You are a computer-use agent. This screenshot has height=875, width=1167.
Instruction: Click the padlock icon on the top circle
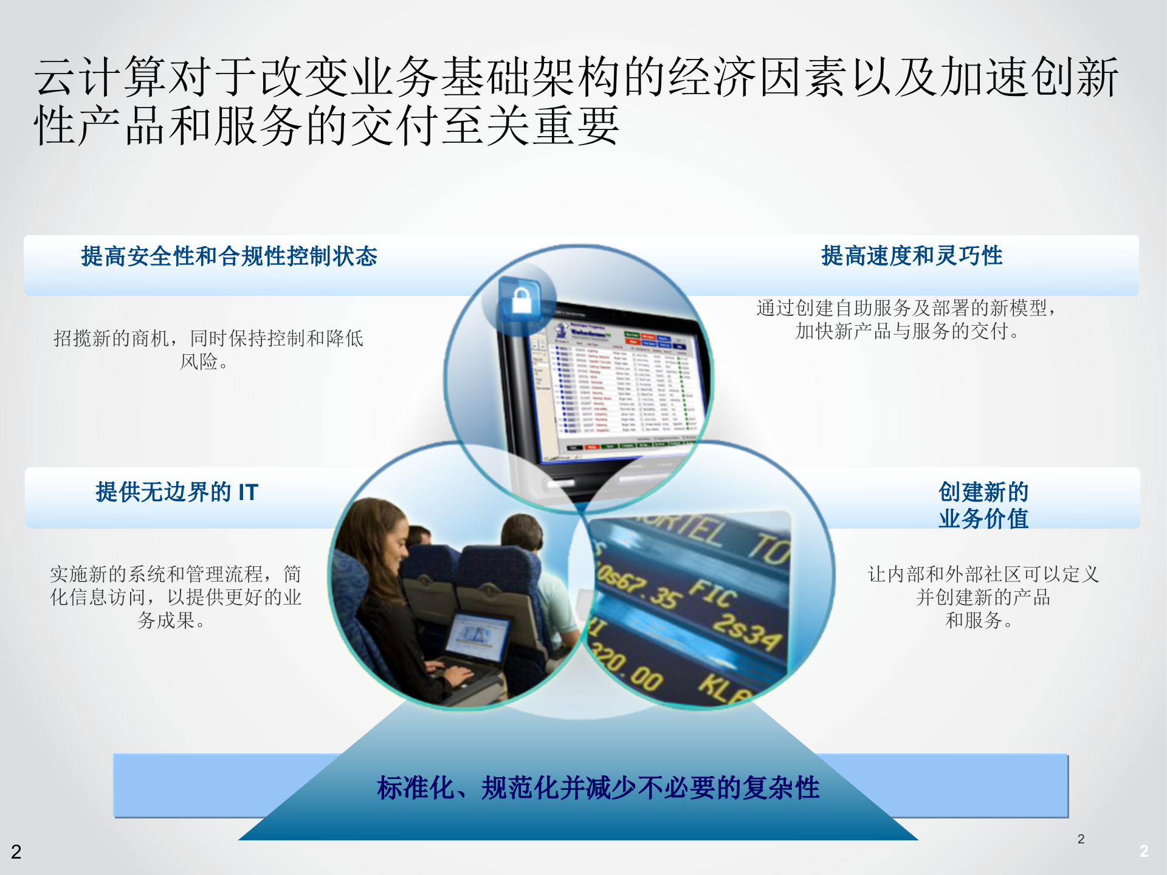click(522, 300)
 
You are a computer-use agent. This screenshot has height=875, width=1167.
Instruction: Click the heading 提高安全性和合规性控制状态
click(229, 256)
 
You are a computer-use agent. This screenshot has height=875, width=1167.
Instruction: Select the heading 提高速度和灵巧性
click(912, 256)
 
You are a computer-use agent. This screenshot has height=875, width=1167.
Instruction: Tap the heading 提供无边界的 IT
click(177, 492)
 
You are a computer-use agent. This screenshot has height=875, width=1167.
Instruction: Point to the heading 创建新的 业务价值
click(983, 505)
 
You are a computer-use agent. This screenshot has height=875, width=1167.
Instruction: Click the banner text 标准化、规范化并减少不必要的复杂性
click(598, 788)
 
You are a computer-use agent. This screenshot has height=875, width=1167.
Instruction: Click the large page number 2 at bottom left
click(16, 852)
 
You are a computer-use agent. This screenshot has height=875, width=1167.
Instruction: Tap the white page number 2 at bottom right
click(1143, 851)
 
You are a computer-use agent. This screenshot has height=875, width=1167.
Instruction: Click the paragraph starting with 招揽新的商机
click(208, 349)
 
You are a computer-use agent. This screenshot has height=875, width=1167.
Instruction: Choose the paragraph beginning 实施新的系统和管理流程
click(175, 597)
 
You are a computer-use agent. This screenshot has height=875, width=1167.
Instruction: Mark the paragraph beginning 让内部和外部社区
click(983, 597)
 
